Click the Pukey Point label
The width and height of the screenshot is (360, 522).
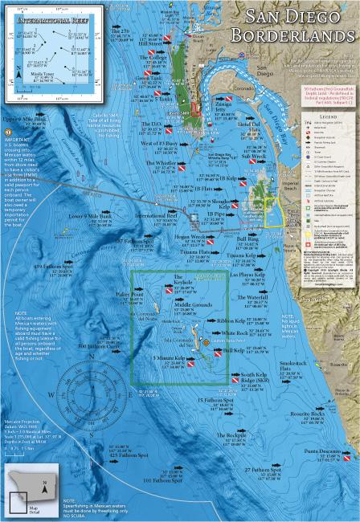coord(131,295)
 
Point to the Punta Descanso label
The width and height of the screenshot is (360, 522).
coord(325,451)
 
